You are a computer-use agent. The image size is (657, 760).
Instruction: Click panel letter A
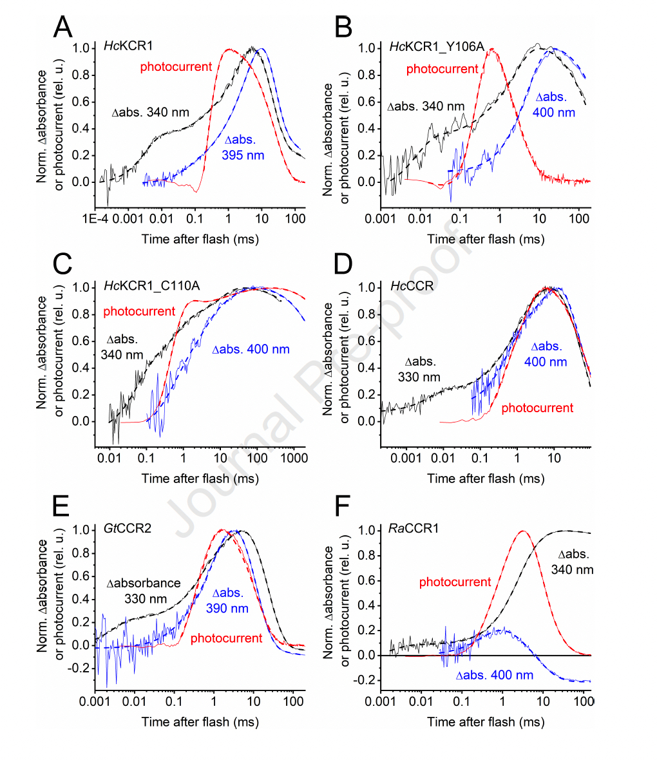62,27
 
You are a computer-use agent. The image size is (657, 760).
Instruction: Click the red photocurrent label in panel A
176,66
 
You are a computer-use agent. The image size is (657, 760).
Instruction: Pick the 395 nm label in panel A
243,155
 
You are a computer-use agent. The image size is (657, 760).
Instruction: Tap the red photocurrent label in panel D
537,408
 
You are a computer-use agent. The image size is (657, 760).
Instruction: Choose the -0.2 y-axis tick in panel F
367,681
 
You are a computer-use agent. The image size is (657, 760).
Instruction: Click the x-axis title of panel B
486,239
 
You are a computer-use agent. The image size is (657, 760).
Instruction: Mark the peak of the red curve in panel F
522,531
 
